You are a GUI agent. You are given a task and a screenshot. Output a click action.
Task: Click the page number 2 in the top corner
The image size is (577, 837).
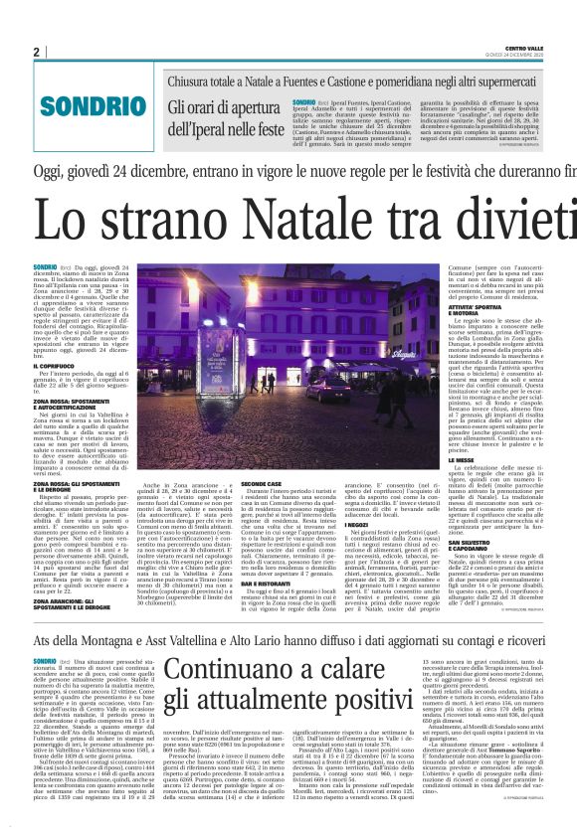coord(36,52)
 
